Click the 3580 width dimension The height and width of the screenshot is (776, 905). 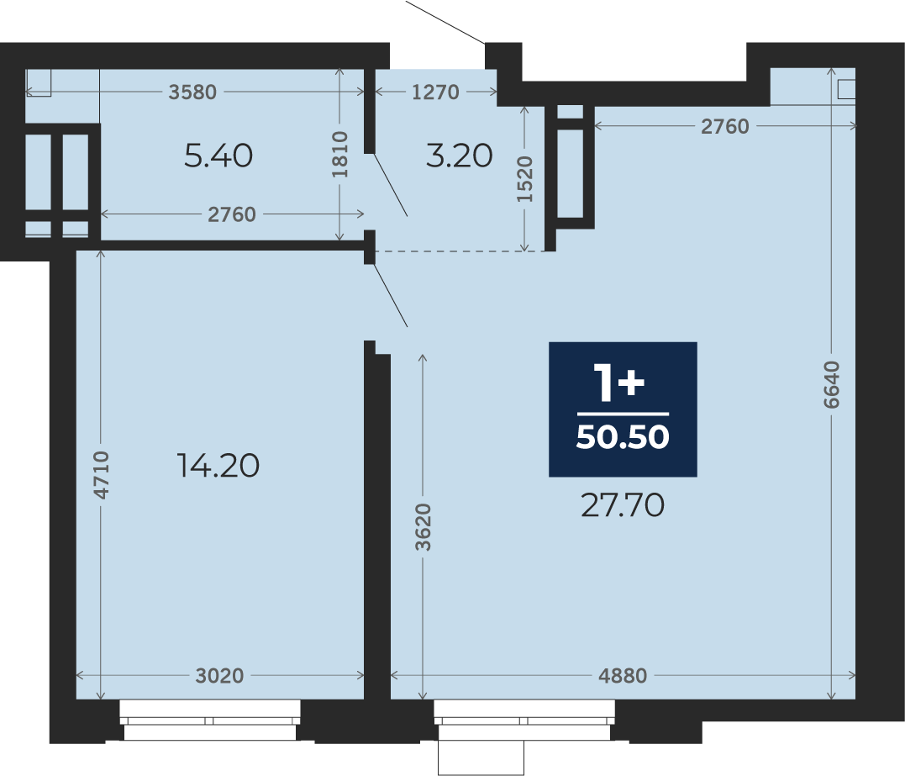tap(192, 92)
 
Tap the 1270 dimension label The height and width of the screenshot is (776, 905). tap(436, 92)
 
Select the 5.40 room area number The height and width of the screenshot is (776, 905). tap(218, 156)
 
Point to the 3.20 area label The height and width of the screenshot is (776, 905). tap(460, 156)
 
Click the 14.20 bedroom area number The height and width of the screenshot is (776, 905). tap(218, 466)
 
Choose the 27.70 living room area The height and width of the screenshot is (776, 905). tap(622, 505)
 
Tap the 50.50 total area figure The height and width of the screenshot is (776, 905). tap(623, 436)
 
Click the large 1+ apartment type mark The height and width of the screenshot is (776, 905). tap(619, 383)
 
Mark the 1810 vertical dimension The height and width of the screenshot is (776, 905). tap(340, 154)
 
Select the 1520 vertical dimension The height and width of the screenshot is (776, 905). tap(524, 179)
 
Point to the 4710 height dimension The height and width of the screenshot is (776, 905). tap(101, 475)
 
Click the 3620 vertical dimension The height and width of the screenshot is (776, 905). tap(423, 527)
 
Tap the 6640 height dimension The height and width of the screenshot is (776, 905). tap(831, 384)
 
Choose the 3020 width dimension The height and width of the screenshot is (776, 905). tap(219, 676)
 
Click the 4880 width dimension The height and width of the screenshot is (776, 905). tap(623, 676)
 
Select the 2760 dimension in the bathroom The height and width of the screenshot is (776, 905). tap(231, 214)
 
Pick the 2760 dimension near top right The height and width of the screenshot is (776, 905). tap(725, 126)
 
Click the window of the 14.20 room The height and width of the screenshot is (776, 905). tap(210, 720)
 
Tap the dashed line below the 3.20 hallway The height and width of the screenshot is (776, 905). tap(461, 251)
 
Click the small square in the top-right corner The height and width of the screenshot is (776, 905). tap(846, 89)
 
